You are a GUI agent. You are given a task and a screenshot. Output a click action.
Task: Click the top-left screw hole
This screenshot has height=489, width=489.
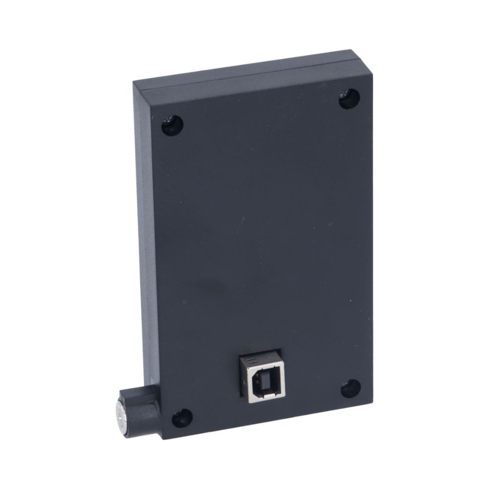tap(172, 126)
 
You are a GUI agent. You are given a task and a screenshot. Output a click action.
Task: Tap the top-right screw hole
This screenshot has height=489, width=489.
tap(349, 99)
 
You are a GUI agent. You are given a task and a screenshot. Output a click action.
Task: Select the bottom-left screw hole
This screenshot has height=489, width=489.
tap(182, 418)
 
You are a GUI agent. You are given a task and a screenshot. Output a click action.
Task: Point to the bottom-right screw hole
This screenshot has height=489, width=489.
tap(351, 388)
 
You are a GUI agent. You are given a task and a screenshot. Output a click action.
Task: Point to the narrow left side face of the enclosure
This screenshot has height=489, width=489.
tap(147, 244)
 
